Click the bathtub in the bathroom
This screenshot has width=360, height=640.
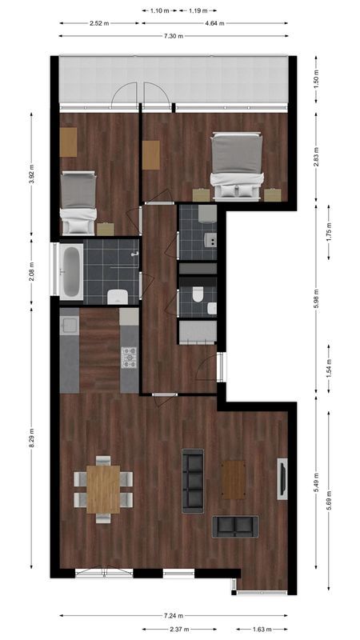click(x=71, y=270)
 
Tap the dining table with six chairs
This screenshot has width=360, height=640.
click(x=103, y=489)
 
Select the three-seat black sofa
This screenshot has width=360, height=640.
click(x=193, y=482)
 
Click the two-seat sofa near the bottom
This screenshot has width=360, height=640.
click(x=235, y=526)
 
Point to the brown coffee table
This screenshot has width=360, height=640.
click(x=234, y=479)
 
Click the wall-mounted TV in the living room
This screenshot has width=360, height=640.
click(x=282, y=479)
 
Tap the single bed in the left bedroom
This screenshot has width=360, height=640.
click(x=79, y=202)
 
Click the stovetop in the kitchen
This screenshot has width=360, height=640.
click(x=129, y=357)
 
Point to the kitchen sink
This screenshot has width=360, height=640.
click(x=69, y=326)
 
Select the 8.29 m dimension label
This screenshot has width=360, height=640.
click(x=31, y=438)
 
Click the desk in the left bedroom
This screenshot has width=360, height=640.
click(x=69, y=142)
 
